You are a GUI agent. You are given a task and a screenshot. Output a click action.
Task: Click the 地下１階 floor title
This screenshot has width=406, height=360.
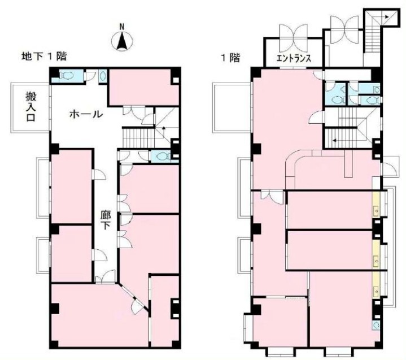pyautogui.click(x=44, y=57)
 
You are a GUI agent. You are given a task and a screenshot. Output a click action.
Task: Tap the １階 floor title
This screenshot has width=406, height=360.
pyautogui.click(x=230, y=57)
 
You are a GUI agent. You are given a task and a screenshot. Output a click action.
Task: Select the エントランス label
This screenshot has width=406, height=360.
pyautogui.click(x=294, y=58)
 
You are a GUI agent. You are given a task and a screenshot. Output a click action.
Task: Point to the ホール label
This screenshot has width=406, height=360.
pyautogui.click(x=86, y=114)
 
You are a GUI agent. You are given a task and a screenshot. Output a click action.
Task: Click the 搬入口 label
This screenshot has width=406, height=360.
pyautogui.click(x=31, y=106)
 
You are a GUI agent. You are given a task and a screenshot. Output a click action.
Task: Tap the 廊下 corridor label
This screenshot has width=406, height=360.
pyautogui.click(x=106, y=220)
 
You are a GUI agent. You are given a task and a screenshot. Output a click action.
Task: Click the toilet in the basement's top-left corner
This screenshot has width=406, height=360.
pyautogui.click(x=66, y=76)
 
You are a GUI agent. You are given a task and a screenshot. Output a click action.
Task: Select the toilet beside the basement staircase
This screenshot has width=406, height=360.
pyautogui.click(x=160, y=157)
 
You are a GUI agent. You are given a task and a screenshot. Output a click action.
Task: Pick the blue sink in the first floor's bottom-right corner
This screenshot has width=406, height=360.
pyautogui.click(x=376, y=325)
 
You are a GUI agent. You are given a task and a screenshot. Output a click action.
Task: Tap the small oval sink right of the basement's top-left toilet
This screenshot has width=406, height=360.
pyautogui.click(x=103, y=76)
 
